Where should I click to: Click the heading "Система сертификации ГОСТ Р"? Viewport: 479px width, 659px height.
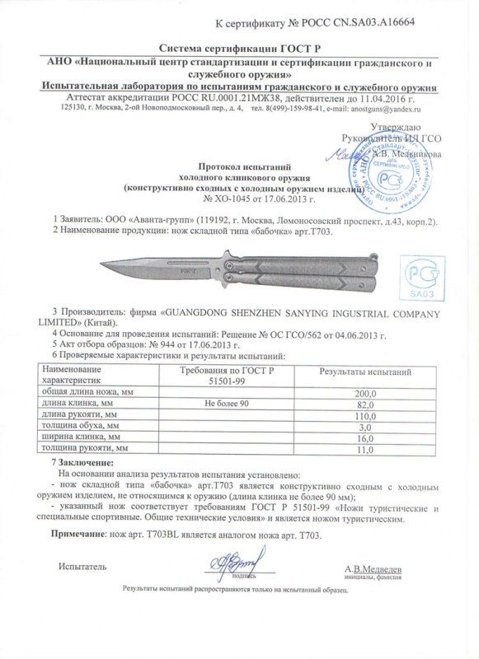pyautogui.click(x=238, y=49)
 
